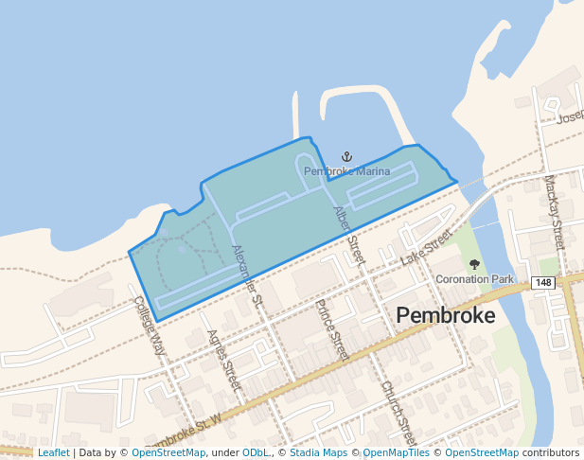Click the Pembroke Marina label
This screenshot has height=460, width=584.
pyautogui.click(x=346, y=171)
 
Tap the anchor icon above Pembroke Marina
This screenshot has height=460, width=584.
pyautogui.click(x=346, y=156)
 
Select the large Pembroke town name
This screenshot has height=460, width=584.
pyautogui.click(x=445, y=315)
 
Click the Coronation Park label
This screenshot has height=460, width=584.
pyautogui.click(x=474, y=279)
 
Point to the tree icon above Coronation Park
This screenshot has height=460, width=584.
pyautogui.click(x=474, y=265)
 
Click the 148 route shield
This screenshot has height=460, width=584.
pyautogui.click(x=542, y=282)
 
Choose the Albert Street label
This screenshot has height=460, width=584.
pyautogui.click(x=348, y=234)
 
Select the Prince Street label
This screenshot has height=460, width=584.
pyautogui.click(x=332, y=329)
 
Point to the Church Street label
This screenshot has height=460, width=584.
pyautogui.click(x=398, y=413)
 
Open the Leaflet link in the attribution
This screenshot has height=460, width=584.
pyautogui.click(x=53, y=453)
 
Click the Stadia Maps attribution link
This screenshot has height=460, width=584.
pyautogui.click(x=317, y=453)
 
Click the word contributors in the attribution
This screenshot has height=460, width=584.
pyautogui.click(x=551, y=453)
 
